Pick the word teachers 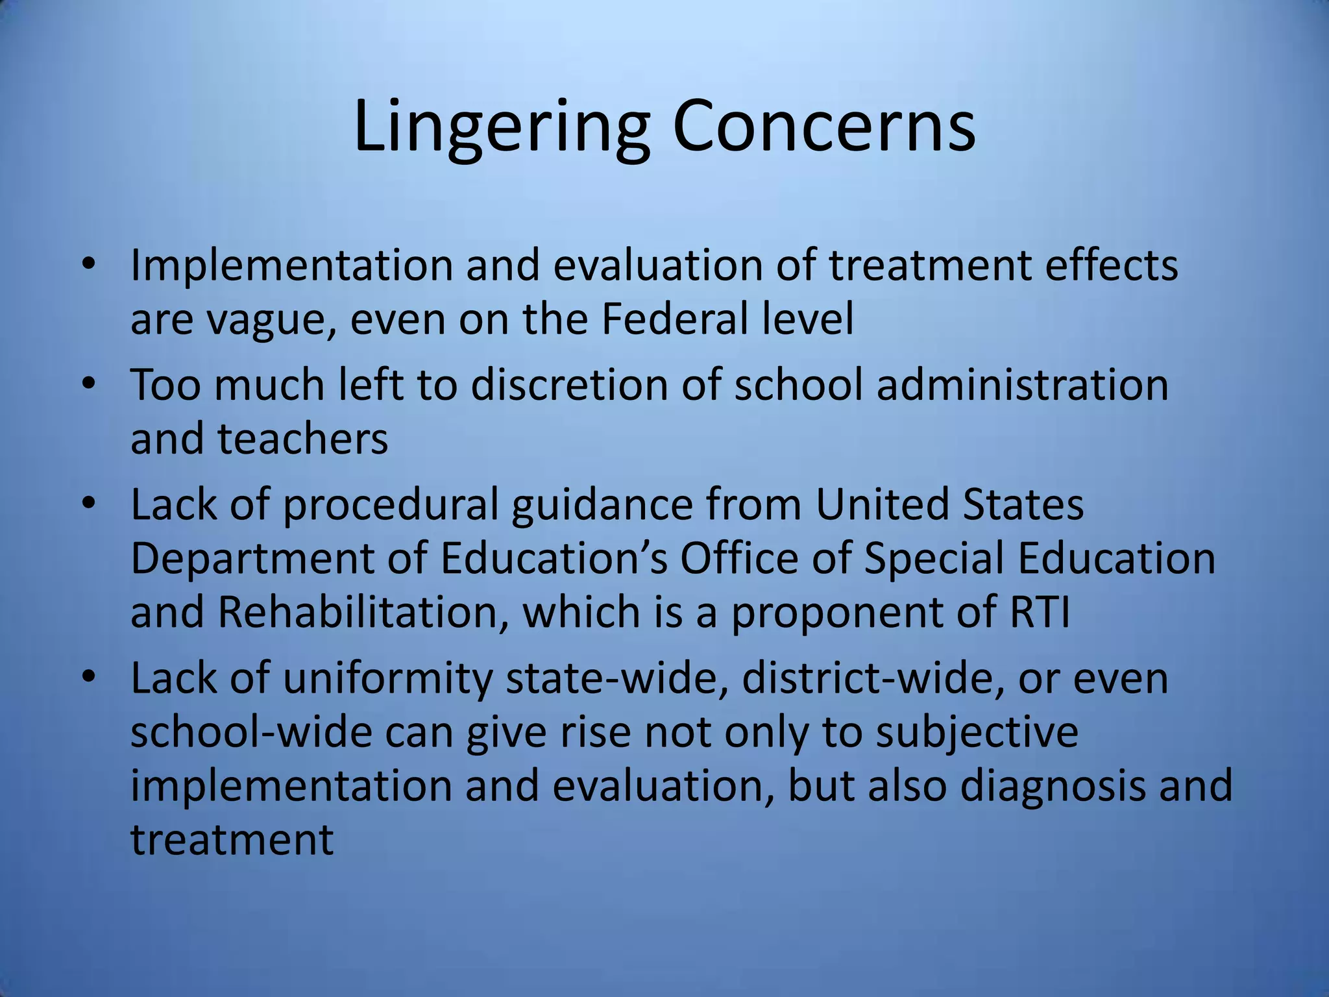(x=302, y=439)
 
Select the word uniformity (x=387, y=679)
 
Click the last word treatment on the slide (x=232, y=840)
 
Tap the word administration (x=1023, y=384)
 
